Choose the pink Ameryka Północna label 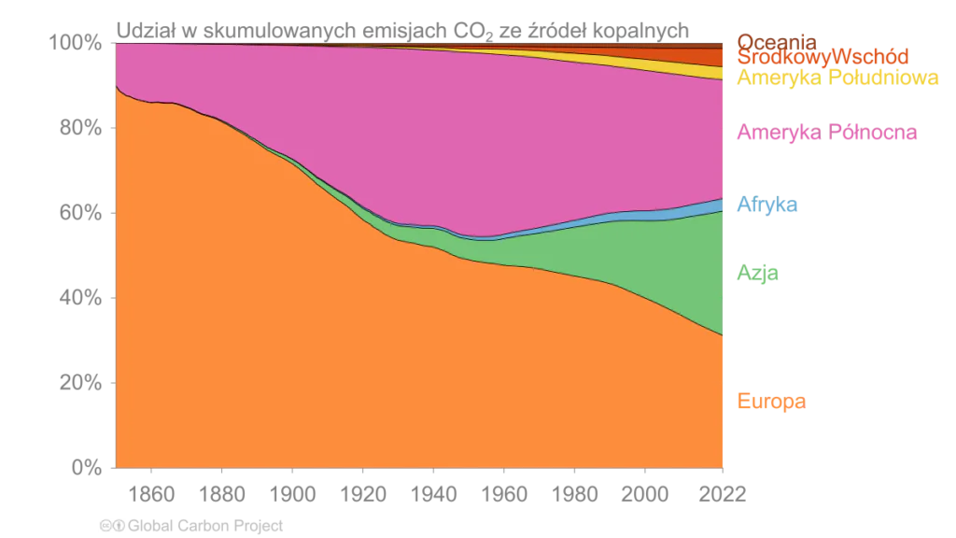[827, 133]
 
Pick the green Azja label [758, 274]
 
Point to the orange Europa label [771, 402]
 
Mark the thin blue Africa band [691, 210]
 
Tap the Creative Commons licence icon [113, 526]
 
